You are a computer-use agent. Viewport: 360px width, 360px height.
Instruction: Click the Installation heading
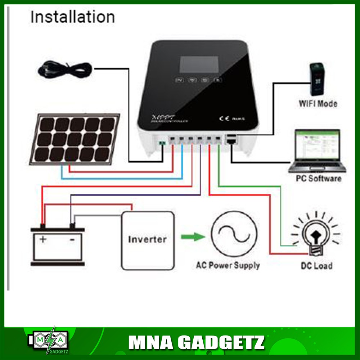pyautogui.click(x=72, y=17)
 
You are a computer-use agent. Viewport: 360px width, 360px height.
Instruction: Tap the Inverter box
pyautogui.click(x=148, y=240)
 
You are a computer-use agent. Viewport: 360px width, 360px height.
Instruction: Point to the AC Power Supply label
pyautogui.click(x=228, y=266)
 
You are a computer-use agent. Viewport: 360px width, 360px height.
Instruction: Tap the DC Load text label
pyautogui.click(x=316, y=266)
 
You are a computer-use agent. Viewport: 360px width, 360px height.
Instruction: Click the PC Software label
pyautogui.click(x=318, y=178)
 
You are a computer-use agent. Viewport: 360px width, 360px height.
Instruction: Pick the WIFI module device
pyautogui.click(x=316, y=79)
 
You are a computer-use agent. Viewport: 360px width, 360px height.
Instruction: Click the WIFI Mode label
pyautogui.click(x=318, y=104)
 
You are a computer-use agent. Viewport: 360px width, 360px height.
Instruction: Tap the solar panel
pyautogui.click(x=75, y=139)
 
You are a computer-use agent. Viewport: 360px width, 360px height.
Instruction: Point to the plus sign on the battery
pyautogui.click(x=43, y=239)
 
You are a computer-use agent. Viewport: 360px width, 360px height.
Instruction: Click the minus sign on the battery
pyautogui.click(x=72, y=239)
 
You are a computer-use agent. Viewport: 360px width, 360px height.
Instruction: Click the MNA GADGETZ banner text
pyautogui.click(x=196, y=342)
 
